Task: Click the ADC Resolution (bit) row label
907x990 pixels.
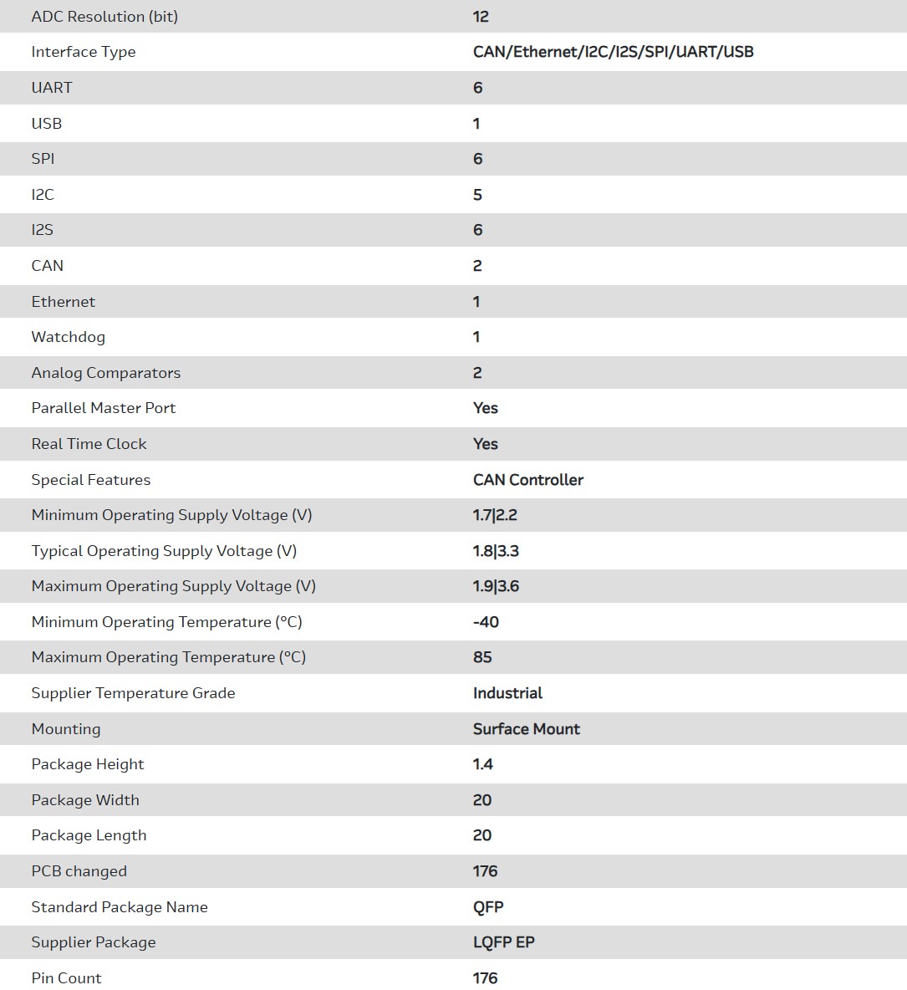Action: pyautogui.click(x=104, y=17)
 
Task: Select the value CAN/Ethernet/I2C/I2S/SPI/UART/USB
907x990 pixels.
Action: pyautogui.click(x=613, y=52)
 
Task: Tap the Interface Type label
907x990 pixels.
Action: pyautogui.click(x=84, y=52)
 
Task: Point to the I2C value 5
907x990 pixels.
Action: pyautogui.click(x=477, y=195)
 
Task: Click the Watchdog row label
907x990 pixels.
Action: pyautogui.click(x=69, y=337)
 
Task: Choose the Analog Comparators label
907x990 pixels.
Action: pyautogui.click(x=106, y=373)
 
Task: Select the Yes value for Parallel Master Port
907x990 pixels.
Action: pyautogui.click(x=485, y=408)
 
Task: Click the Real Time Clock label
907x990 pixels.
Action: pyautogui.click(x=89, y=444)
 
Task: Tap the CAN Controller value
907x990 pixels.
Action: pyautogui.click(x=527, y=480)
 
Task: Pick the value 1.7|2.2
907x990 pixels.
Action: pyautogui.click(x=495, y=515)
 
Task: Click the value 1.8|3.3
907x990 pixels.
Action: pyautogui.click(x=496, y=551)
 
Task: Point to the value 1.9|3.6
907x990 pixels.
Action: pyautogui.click(x=496, y=586)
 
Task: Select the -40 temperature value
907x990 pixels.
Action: pyautogui.click(x=486, y=622)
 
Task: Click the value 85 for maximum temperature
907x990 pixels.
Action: pyautogui.click(x=482, y=657)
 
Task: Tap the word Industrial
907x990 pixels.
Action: pyautogui.click(x=507, y=693)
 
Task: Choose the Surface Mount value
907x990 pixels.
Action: pyautogui.click(x=526, y=729)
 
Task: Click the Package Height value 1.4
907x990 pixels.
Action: pyautogui.click(x=482, y=764)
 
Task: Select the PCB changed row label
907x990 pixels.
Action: pyautogui.click(x=79, y=871)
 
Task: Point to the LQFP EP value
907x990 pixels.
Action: pyautogui.click(x=503, y=942)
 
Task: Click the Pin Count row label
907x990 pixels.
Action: pyautogui.click(x=66, y=978)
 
